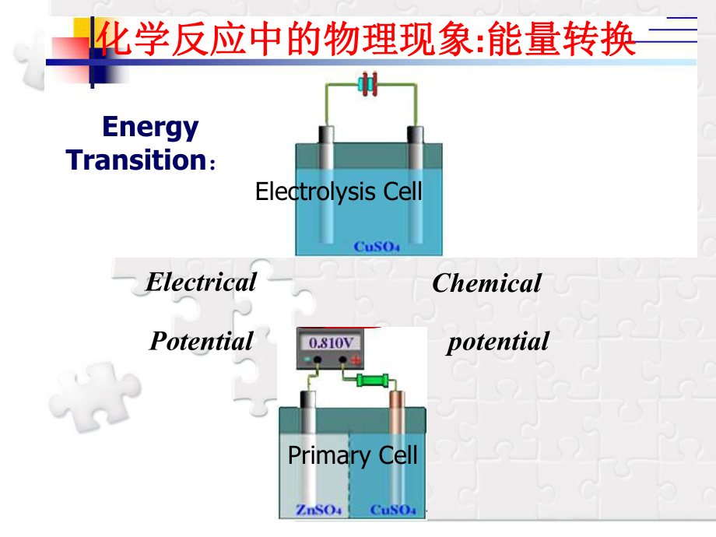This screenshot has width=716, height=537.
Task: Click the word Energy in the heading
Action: tap(150, 127)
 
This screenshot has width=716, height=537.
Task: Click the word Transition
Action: tap(135, 160)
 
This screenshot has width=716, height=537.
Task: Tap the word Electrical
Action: tap(201, 282)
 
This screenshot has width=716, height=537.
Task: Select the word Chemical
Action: tap(486, 283)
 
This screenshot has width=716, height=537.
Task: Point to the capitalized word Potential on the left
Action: tap(201, 341)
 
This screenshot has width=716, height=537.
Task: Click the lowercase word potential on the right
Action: tap(497, 341)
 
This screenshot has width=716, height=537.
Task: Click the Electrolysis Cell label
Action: tap(339, 191)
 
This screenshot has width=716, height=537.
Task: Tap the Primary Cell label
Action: tap(353, 455)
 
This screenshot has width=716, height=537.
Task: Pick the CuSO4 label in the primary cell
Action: tap(393, 510)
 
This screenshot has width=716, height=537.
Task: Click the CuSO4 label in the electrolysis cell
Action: tap(377, 247)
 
